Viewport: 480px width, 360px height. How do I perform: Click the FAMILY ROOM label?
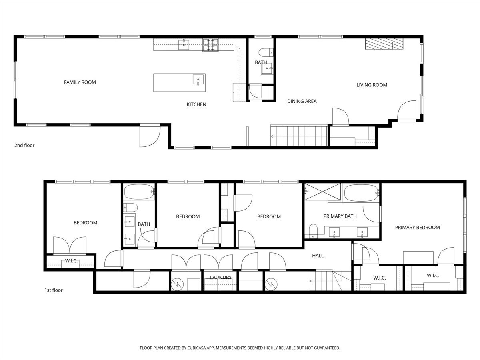(80, 82)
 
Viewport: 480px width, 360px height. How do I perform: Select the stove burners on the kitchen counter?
(211, 45)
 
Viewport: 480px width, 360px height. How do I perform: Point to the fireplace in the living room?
(384, 44)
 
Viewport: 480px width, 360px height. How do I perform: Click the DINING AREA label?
(302, 101)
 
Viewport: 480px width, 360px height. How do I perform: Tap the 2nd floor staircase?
(298, 136)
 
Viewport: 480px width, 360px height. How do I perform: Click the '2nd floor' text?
(24, 145)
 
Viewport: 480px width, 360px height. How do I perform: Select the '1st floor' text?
(53, 290)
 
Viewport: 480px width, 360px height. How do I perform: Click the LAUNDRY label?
(220, 277)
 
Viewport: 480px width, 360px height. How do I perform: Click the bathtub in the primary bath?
(361, 192)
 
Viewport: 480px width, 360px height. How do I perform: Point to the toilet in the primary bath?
(313, 230)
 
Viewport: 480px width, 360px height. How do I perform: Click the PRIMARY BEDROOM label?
(417, 227)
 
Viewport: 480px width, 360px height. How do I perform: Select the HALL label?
(318, 255)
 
